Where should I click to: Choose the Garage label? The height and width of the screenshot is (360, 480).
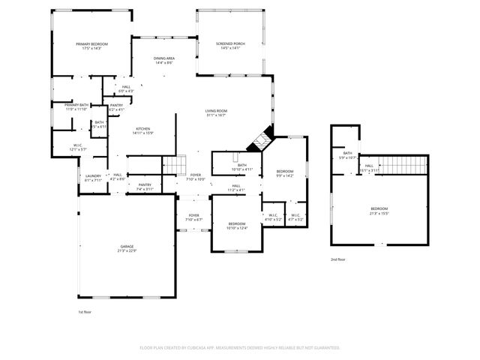[x=127, y=248]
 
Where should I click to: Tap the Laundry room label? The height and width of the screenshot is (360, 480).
[x=92, y=177]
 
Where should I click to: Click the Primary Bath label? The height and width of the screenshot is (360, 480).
[x=76, y=106]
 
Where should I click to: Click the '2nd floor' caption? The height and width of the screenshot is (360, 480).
[x=338, y=259]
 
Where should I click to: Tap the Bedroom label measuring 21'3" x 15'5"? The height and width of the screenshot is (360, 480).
[x=379, y=210]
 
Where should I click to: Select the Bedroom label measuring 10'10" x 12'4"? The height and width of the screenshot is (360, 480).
[x=237, y=225]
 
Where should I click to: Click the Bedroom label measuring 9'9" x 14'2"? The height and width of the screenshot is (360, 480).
[x=285, y=173]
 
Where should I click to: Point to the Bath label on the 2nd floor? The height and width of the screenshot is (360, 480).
[x=348, y=154]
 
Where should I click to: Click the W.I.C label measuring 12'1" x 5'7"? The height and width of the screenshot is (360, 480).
[x=78, y=146]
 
